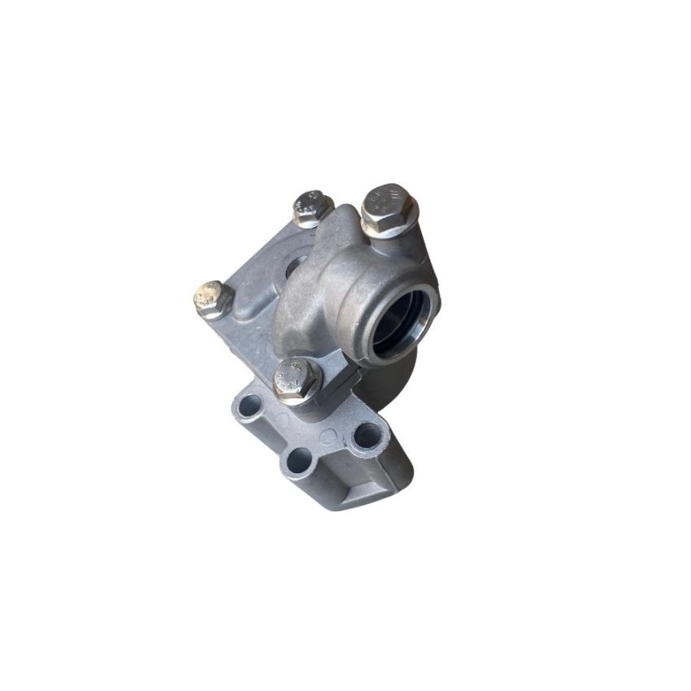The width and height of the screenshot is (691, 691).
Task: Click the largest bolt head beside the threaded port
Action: click(389, 206)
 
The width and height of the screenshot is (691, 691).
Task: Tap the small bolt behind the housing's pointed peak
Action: click(311, 206)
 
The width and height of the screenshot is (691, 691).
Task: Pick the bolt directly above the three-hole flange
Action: click(296, 378)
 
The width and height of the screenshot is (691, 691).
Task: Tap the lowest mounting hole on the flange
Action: click(298, 462)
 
